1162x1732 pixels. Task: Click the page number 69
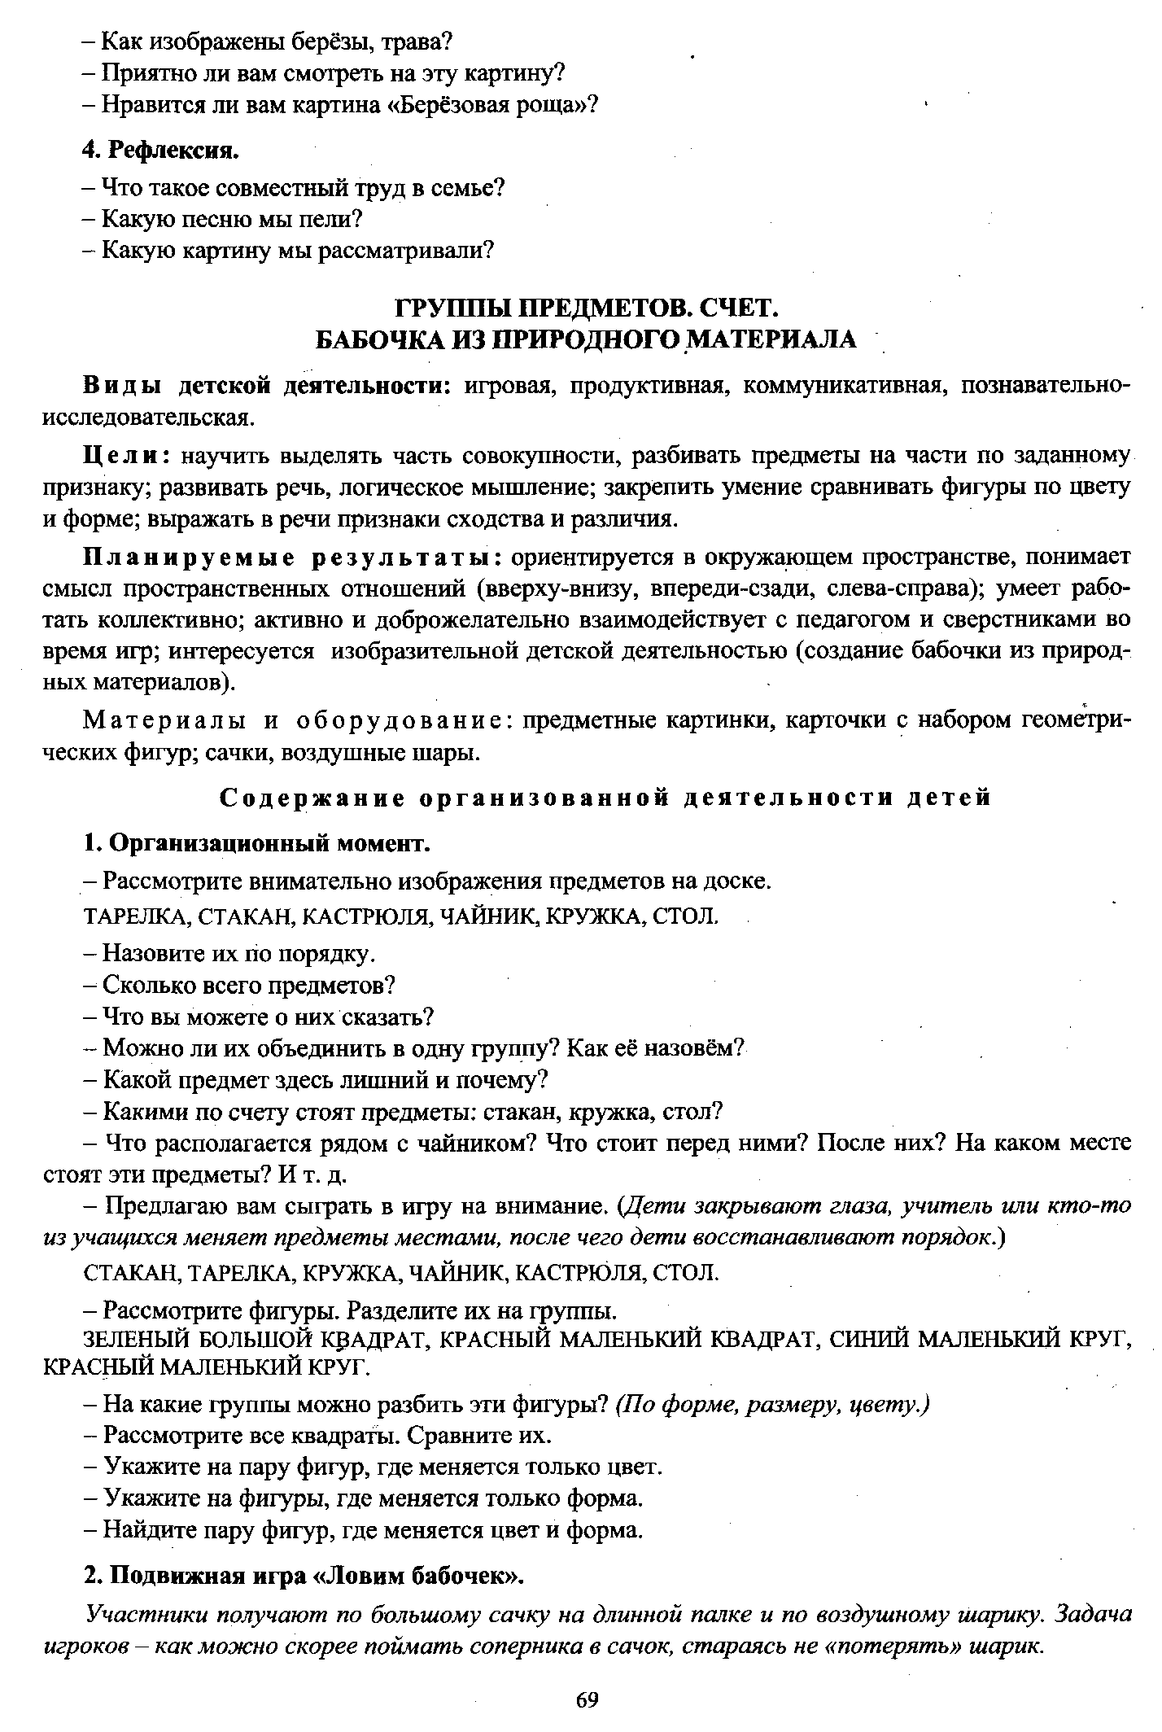(x=587, y=1699)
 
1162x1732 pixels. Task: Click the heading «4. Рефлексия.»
(x=161, y=151)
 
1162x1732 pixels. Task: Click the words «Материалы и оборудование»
(x=296, y=720)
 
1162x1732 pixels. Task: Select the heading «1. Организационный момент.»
(x=256, y=843)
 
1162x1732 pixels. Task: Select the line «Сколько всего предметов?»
(x=248, y=986)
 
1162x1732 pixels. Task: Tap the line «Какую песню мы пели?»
(x=231, y=219)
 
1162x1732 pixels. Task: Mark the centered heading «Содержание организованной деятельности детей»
(x=606, y=798)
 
